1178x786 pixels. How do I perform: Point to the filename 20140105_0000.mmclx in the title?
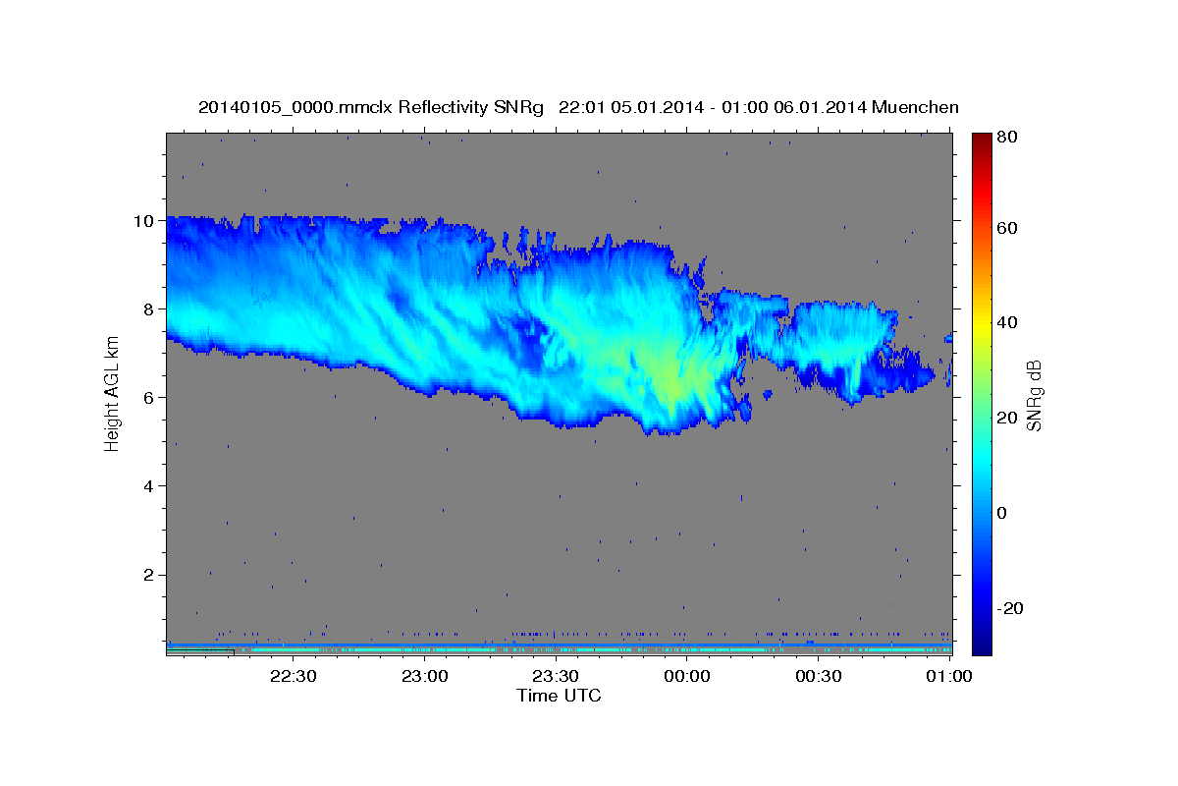pyautogui.click(x=295, y=107)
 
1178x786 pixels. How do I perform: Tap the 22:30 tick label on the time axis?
pyautogui.click(x=294, y=676)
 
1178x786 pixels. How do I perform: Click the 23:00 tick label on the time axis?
pyautogui.click(x=425, y=676)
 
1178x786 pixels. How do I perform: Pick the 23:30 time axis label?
pyautogui.click(x=556, y=676)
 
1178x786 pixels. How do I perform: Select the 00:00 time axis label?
pyautogui.click(x=687, y=676)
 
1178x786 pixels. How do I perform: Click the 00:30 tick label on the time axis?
pyautogui.click(x=818, y=676)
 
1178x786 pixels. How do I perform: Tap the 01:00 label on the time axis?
pyautogui.click(x=948, y=676)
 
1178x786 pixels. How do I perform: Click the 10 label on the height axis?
pyautogui.click(x=142, y=220)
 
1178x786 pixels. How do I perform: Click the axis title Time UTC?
pyautogui.click(x=559, y=696)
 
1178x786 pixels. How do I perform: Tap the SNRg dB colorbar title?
pyautogui.click(x=1034, y=396)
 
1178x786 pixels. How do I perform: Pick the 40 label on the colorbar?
pyautogui.click(x=1006, y=322)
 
